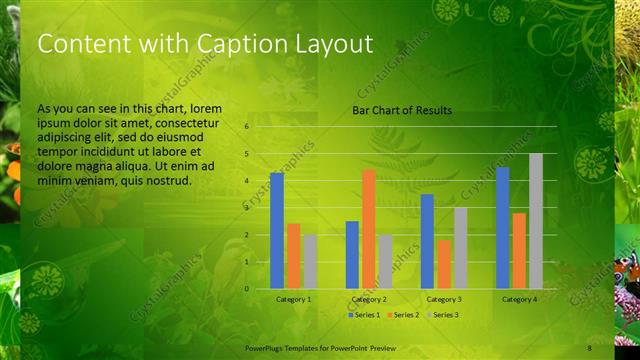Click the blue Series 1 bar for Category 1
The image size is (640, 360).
tap(277, 231)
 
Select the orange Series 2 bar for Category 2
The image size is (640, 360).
tap(369, 229)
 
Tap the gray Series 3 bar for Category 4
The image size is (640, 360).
tap(536, 221)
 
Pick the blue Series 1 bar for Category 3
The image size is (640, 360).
tap(427, 241)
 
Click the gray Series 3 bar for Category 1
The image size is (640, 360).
tap(310, 262)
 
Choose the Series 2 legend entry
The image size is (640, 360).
tap(404, 315)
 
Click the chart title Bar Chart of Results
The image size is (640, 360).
tap(402, 110)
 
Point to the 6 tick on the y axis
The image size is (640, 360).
tap(247, 127)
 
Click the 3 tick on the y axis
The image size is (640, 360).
tap(247, 208)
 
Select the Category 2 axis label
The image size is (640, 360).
tap(369, 299)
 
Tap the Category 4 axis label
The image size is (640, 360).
tap(519, 299)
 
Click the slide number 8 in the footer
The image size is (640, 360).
tap(590, 347)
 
